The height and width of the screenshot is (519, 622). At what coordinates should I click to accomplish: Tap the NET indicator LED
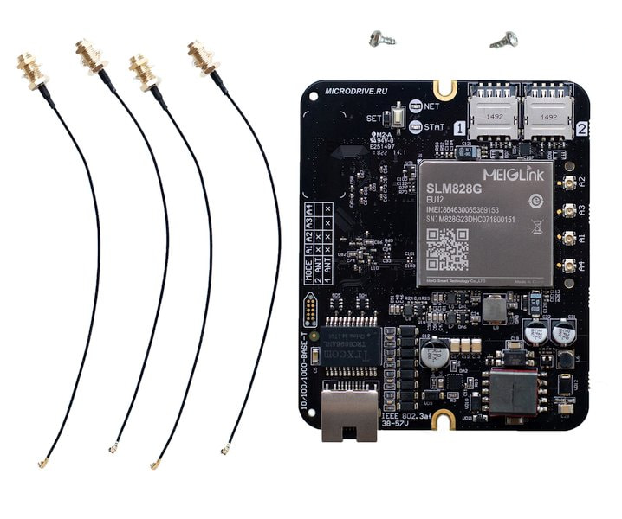pyautogui.click(x=415, y=106)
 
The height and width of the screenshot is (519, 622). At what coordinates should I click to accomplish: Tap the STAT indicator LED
pyautogui.click(x=415, y=127)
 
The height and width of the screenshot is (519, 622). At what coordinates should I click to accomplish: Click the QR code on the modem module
pyautogui.click(x=447, y=250)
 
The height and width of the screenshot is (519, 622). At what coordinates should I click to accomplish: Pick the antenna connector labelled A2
pyautogui.click(x=569, y=184)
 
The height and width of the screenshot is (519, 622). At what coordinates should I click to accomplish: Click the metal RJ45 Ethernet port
pyautogui.click(x=349, y=414)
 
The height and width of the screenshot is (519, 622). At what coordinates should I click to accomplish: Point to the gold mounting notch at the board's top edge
pyautogui.click(x=447, y=88)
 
